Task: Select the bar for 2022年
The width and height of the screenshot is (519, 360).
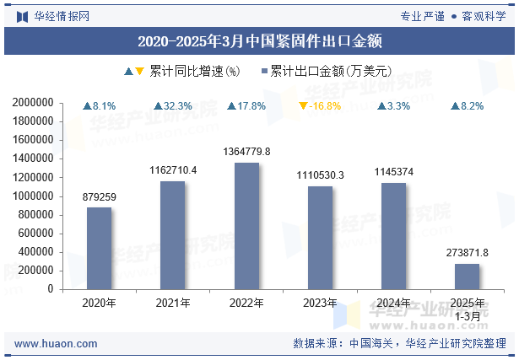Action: [x=246, y=225]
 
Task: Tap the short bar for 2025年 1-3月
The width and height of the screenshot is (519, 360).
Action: [x=467, y=276]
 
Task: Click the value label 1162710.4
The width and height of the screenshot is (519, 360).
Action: [x=173, y=170]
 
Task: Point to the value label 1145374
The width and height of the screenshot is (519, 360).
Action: [x=394, y=172]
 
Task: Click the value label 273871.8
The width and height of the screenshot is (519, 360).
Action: [x=467, y=252]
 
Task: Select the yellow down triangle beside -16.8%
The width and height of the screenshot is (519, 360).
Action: [x=303, y=106]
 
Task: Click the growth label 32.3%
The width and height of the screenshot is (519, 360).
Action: [x=178, y=106]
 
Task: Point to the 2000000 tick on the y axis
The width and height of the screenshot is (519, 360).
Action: [x=34, y=102]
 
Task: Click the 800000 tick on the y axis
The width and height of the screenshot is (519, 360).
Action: [x=36, y=214]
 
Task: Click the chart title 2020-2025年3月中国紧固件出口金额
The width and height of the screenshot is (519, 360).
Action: [x=259, y=40]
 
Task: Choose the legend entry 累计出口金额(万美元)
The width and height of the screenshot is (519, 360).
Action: [x=330, y=72]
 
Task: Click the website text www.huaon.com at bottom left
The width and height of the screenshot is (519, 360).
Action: [x=56, y=344]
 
